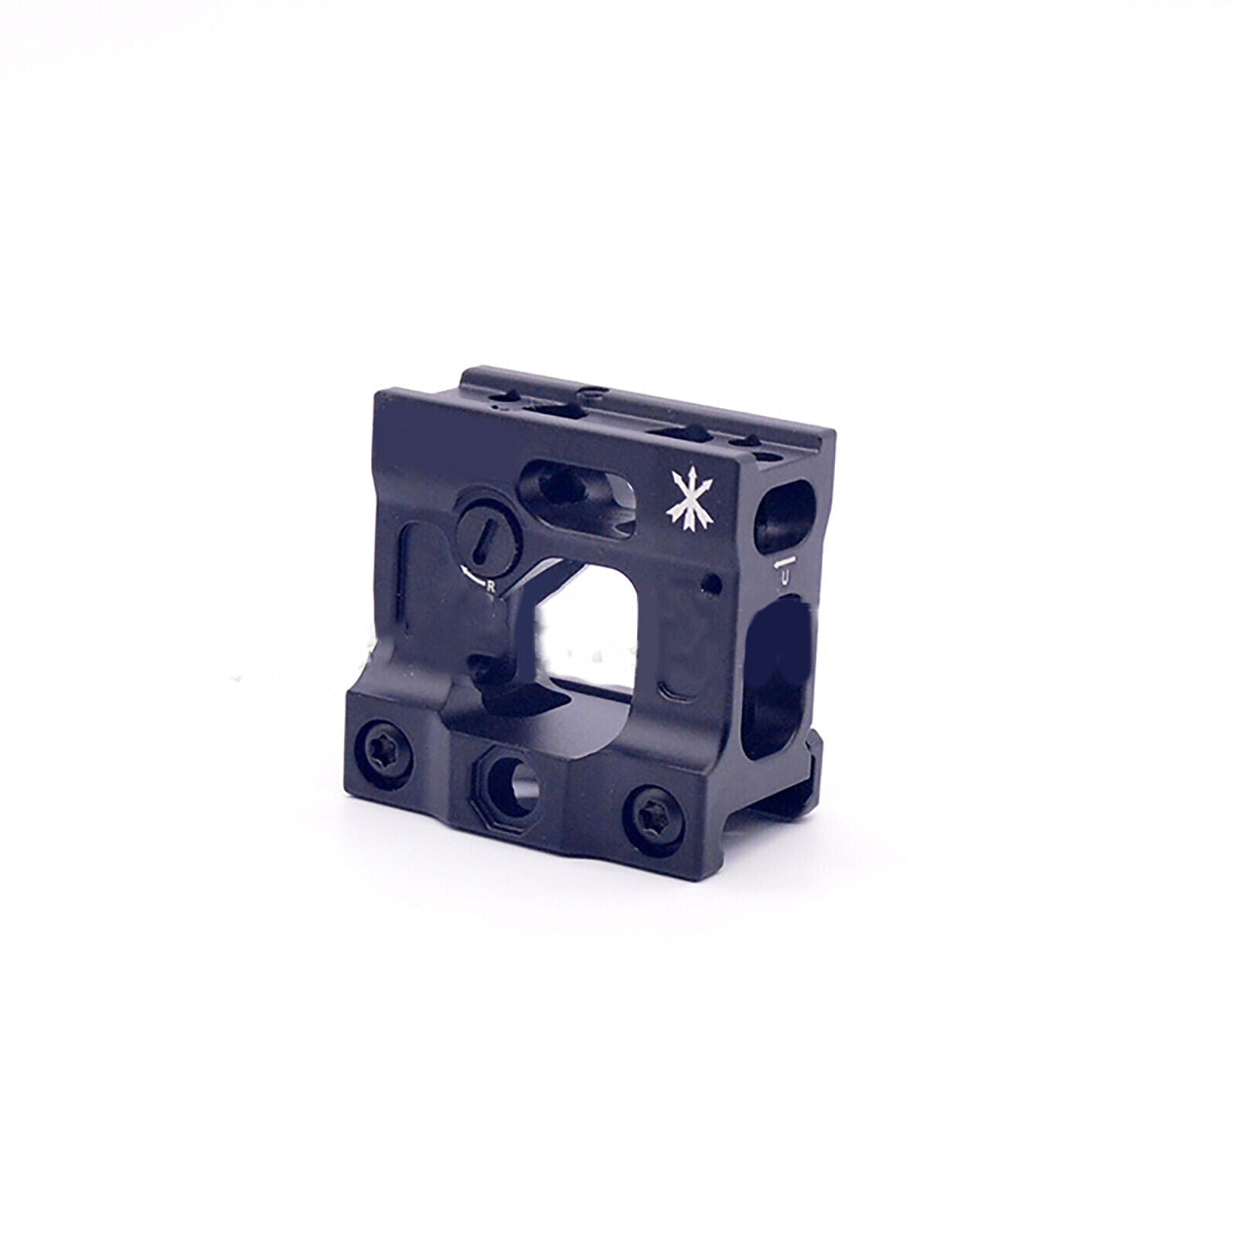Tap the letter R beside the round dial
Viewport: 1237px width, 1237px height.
(490, 586)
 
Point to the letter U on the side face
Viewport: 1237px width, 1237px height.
(785, 576)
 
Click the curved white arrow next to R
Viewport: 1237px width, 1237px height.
(471, 575)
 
